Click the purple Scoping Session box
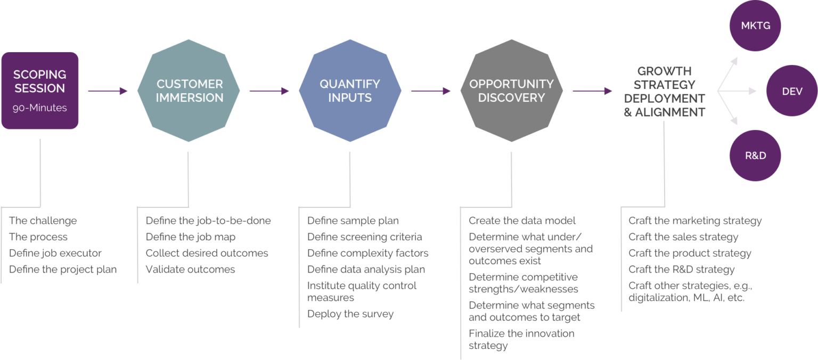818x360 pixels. (40, 90)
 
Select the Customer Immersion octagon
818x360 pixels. (189, 91)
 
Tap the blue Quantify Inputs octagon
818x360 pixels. (350, 91)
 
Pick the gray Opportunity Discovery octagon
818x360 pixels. (511, 91)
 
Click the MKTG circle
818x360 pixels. (755, 25)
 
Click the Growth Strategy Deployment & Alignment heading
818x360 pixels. (665, 92)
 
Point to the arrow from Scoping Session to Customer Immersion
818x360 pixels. (108, 91)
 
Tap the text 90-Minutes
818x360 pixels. (40, 108)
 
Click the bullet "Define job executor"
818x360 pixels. (55, 253)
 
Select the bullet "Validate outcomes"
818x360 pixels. (190, 269)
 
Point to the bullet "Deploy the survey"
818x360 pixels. (350, 314)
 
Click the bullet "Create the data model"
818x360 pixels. (522, 220)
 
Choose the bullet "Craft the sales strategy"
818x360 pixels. (683, 237)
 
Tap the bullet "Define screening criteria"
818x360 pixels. (364, 237)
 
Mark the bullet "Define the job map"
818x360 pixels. (190, 237)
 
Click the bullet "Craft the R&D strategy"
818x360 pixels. (681, 269)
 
